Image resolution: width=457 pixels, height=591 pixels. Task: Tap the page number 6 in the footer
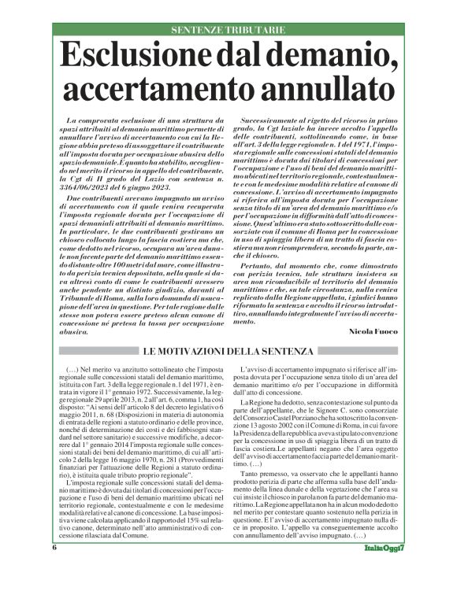click(55, 568)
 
